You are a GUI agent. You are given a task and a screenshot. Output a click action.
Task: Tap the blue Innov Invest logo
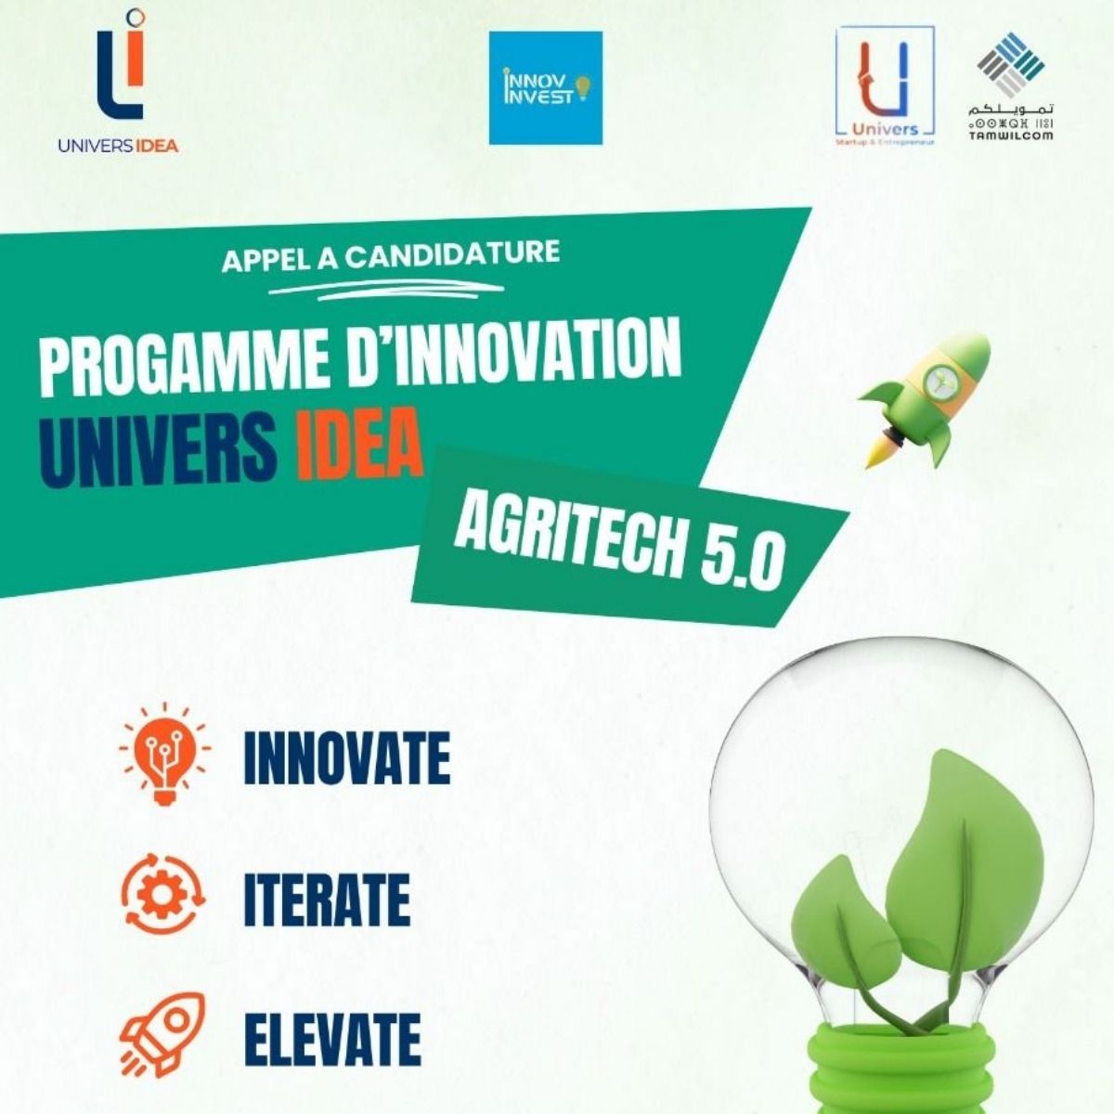point(546,88)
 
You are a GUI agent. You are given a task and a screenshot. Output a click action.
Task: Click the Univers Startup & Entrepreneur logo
point(885,86)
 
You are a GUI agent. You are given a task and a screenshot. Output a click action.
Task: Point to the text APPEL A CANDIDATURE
point(391,255)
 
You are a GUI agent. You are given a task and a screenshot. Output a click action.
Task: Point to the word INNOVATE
point(346,758)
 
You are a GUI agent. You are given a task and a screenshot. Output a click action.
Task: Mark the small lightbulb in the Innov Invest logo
point(583,86)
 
